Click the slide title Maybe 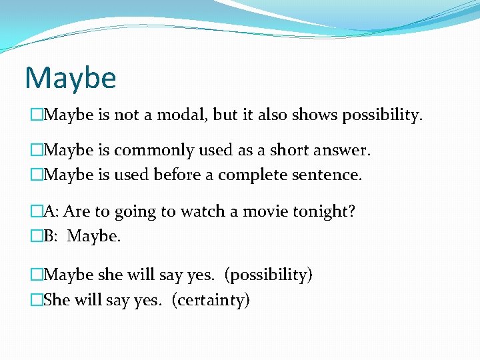coord(71,78)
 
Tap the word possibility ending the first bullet coord(381,115)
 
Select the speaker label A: coord(51,212)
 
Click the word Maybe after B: coord(94,237)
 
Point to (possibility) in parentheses coord(268,275)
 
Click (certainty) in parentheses coord(211,300)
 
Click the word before coord(175,175)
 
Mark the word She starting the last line coord(57,300)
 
